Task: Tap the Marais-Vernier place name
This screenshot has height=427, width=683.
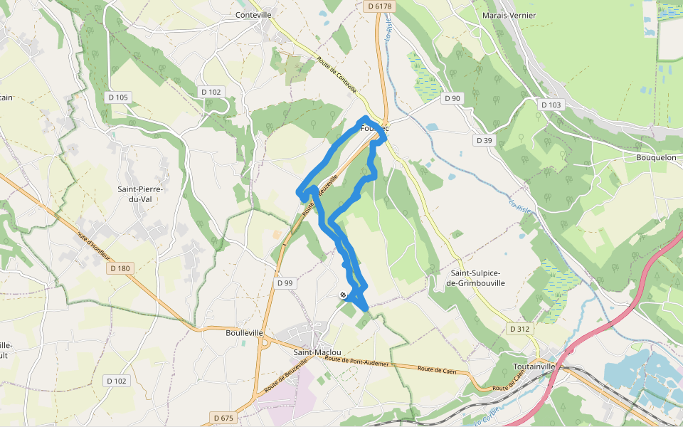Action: (x=509, y=15)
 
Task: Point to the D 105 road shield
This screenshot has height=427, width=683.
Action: (x=118, y=97)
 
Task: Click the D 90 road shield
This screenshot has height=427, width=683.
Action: (x=452, y=98)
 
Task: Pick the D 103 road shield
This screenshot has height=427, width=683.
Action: (x=551, y=105)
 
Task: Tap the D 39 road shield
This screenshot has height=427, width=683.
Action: (x=484, y=140)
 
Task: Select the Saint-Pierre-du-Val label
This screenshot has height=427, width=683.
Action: (x=140, y=194)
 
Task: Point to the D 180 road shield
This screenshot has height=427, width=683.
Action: (x=121, y=268)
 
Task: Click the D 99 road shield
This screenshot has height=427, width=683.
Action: (x=284, y=283)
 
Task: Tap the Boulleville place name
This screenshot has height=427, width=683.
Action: (x=244, y=332)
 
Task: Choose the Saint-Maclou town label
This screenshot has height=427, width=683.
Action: (x=317, y=352)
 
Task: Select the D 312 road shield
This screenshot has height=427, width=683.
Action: (x=521, y=329)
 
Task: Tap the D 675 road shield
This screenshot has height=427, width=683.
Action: (x=223, y=417)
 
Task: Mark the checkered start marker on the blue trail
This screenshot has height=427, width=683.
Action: (x=344, y=295)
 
